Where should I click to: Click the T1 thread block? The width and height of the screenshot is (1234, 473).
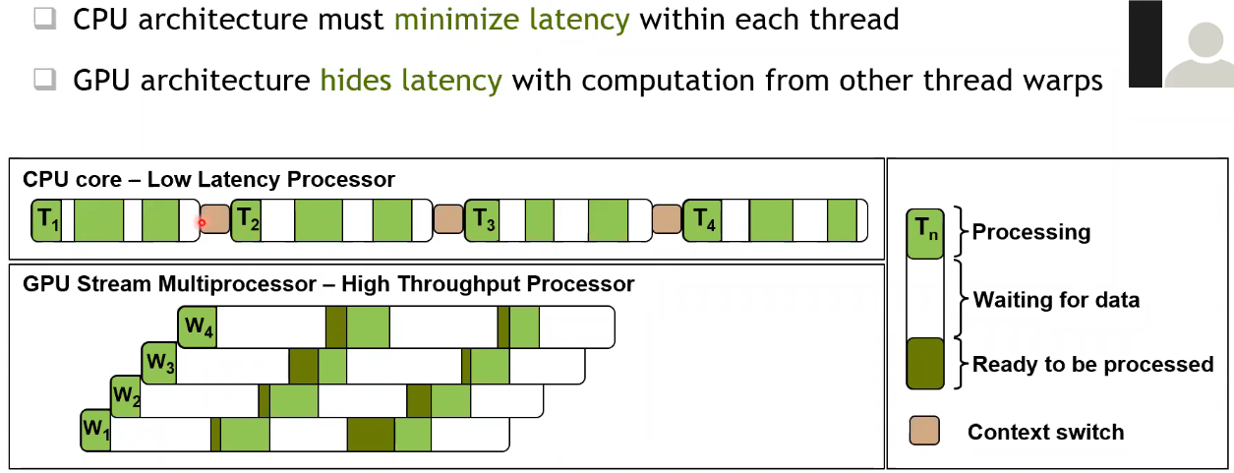pyautogui.click(x=46, y=220)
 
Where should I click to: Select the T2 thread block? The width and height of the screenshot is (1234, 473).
pyautogui.click(x=246, y=220)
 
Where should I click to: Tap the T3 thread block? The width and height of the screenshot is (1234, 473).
pyautogui.click(x=480, y=220)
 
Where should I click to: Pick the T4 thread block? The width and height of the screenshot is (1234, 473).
pyautogui.click(x=700, y=220)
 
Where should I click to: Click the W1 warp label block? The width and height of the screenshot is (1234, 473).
pyautogui.click(x=95, y=431)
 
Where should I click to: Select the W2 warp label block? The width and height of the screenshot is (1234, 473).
pyautogui.click(x=126, y=396)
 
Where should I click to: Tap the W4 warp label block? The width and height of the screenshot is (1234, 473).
pyautogui.click(x=198, y=327)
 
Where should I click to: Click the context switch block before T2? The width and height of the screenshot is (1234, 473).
pyautogui.click(x=214, y=220)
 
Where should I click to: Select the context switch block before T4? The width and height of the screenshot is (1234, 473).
pyautogui.click(x=667, y=219)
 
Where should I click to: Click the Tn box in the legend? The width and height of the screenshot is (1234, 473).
pyautogui.click(x=924, y=234)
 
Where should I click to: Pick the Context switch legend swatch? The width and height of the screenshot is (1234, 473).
pyautogui.click(x=924, y=431)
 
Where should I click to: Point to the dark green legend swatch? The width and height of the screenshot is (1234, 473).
pyautogui.click(x=924, y=364)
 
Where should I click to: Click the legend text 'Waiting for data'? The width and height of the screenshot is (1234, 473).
pyautogui.click(x=1056, y=299)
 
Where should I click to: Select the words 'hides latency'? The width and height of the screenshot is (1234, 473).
pyautogui.click(x=411, y=80)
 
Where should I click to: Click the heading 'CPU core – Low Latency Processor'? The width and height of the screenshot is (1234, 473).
pyautogui.click(x=208, y=180)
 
